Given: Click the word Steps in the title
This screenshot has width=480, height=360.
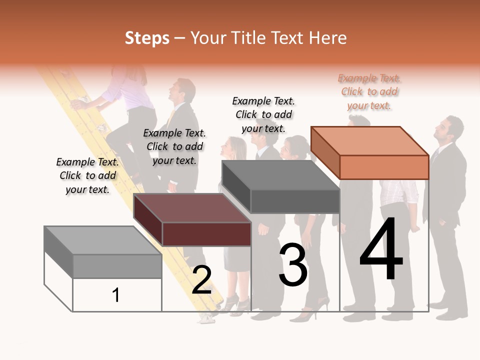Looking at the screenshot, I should coord(147,38).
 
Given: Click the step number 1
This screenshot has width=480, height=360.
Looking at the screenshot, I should coord(116,295).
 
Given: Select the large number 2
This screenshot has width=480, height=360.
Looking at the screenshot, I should coord(201,280).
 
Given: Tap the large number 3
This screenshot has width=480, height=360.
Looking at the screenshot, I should coord(293,264).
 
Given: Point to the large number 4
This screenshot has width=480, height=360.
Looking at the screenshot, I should coord(381,250).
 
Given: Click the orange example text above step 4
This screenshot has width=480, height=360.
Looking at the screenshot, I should coord(369,92).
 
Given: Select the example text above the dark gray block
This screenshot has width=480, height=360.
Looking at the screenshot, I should coord(264,115).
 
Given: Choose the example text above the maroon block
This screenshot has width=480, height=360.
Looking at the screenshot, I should coord(174,146).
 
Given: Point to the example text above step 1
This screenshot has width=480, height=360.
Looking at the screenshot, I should coord(87,175).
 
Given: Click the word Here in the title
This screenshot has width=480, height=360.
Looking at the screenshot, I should coord(328,38).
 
